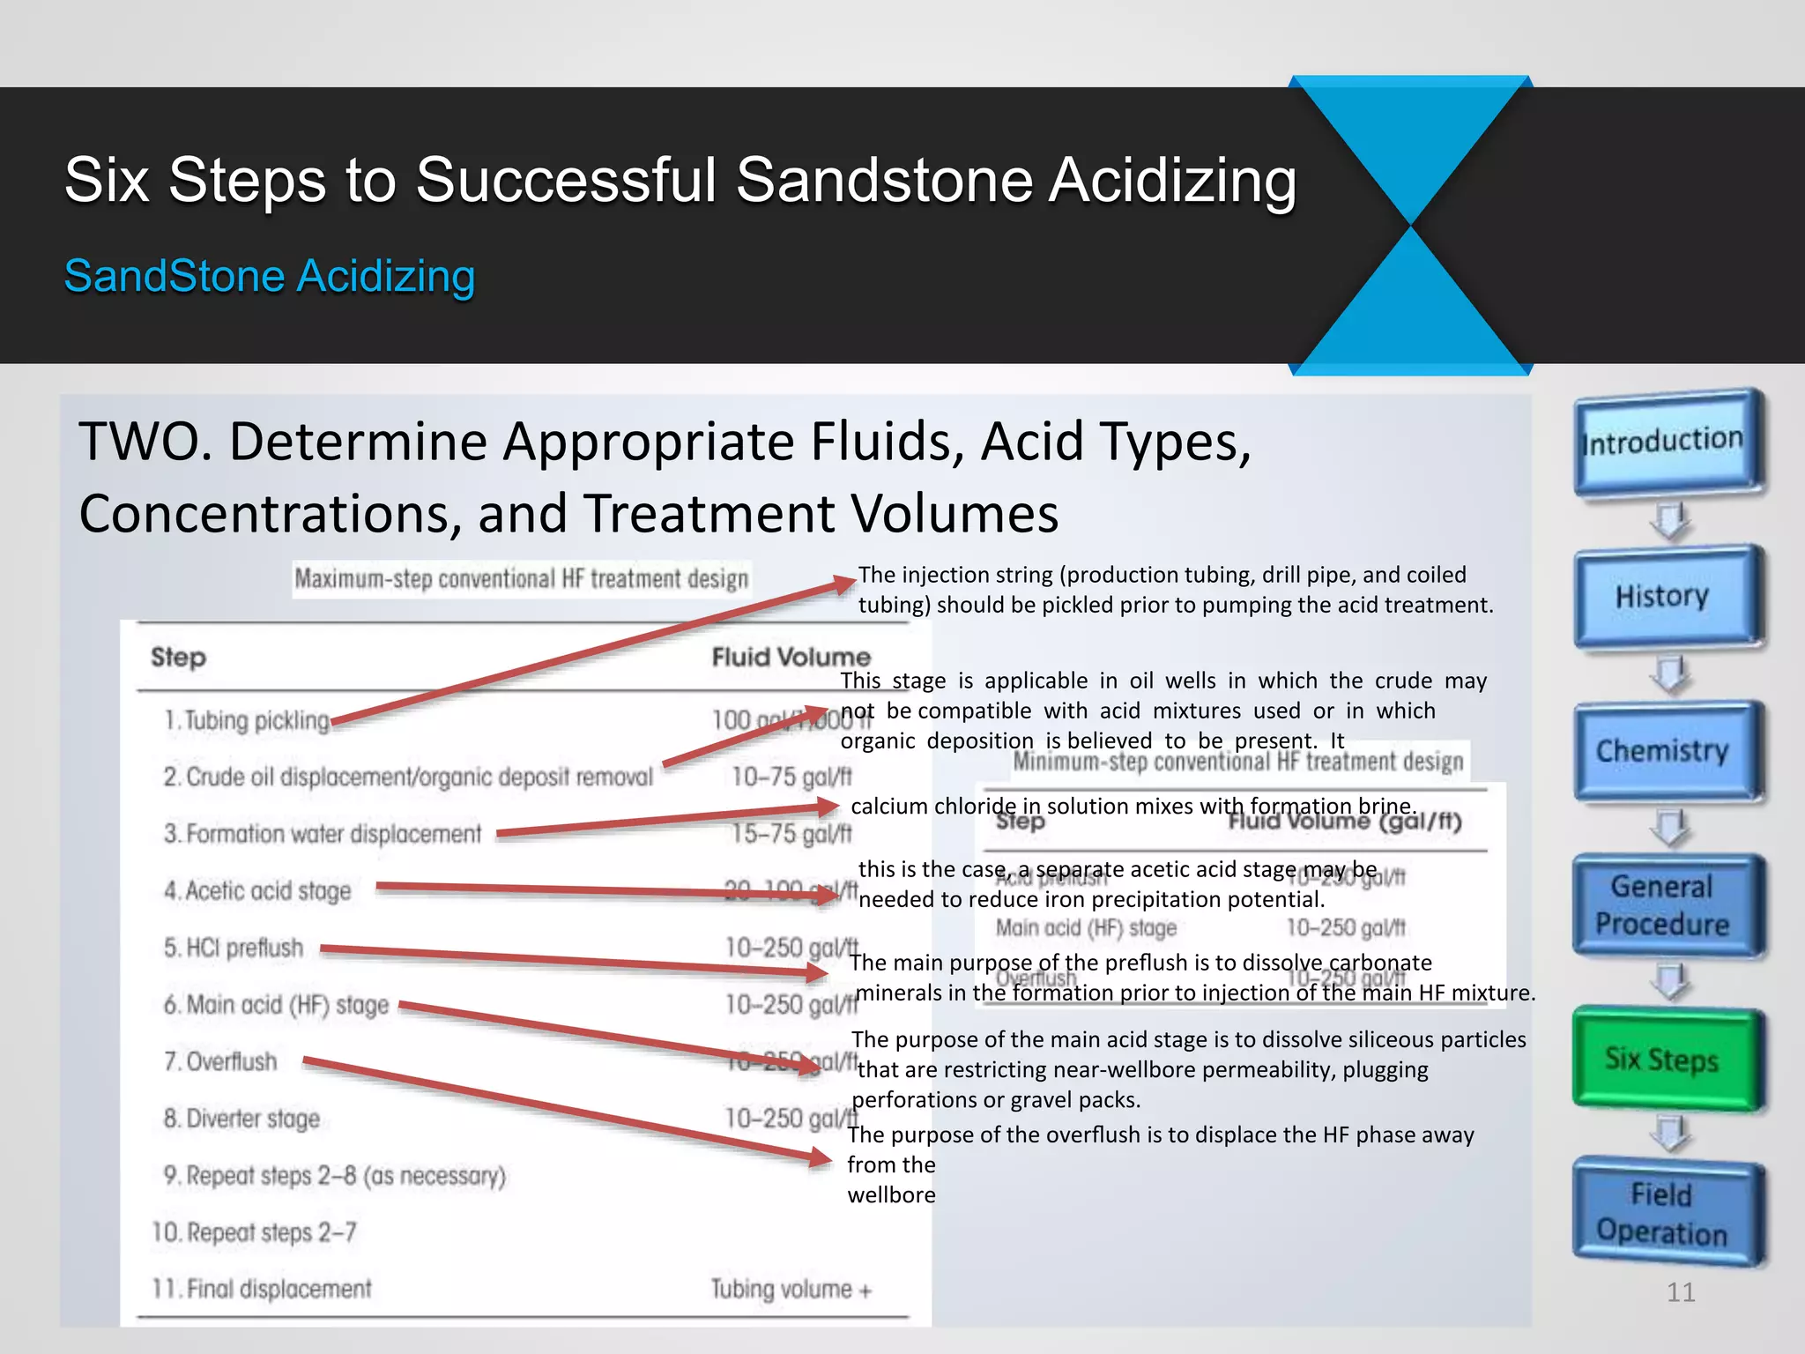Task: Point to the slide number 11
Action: click(x=1681, y=1292)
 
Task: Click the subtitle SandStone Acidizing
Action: click(x=270, y=276)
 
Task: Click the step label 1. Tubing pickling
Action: click(x=247, y=721)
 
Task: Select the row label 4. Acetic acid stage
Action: click(x=257, y=891)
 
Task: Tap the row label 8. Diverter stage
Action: click(x=241, y=1119)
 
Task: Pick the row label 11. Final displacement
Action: click(x=262, y=1290)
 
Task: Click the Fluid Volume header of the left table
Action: click(x=791, y=657)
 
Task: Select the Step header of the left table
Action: click(x=178, y=657)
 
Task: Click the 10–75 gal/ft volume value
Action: click(x=791, y=777)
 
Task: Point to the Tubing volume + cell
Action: click(x=791, y=1290)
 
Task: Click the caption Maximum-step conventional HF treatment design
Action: click(x=521, y=579)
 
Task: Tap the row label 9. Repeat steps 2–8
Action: click(x=335, y=1176)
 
